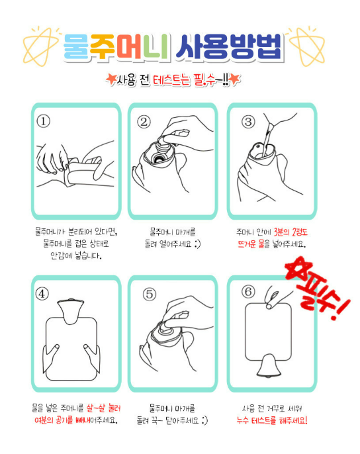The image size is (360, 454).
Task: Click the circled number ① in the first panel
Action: coord(44,121)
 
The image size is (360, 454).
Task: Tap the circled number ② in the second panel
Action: coord(144,122)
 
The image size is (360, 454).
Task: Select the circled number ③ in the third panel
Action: coord(249,122)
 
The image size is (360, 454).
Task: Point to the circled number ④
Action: coord(42,294)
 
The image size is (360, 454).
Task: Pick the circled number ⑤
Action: coord(150,294)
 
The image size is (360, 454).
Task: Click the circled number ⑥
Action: coord(249,292)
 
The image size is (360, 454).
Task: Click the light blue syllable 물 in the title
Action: coord(77,47)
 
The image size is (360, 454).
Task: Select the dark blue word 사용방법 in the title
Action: coord(229,47)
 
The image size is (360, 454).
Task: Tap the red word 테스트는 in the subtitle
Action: coord(172,80)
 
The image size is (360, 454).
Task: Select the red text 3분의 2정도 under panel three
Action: coord(291,232)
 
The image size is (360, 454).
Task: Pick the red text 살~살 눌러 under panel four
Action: coord(103,408)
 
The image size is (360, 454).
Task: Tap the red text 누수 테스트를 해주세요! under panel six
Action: coord(272,420)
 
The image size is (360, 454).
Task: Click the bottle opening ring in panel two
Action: coord(158,158)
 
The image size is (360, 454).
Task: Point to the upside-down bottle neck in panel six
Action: coord(269,366)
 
